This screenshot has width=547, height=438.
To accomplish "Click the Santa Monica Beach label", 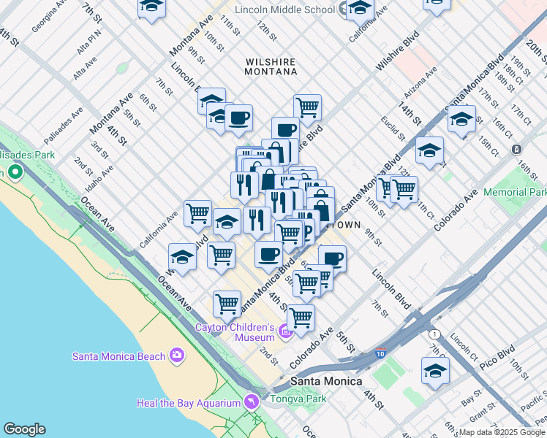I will (118, 356).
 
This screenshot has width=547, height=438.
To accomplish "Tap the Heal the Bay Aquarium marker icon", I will (252, 402).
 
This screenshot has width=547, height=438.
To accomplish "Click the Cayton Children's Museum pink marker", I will (285, 334).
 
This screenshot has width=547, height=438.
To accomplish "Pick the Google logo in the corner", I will (24, 429).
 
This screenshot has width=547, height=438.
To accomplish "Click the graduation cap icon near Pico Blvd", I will (435, 370).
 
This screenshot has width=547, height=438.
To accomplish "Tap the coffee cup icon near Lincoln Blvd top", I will (238, 118).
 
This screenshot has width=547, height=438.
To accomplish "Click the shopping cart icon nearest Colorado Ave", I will (301, 318).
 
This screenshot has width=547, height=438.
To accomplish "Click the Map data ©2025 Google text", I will (501, 432).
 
